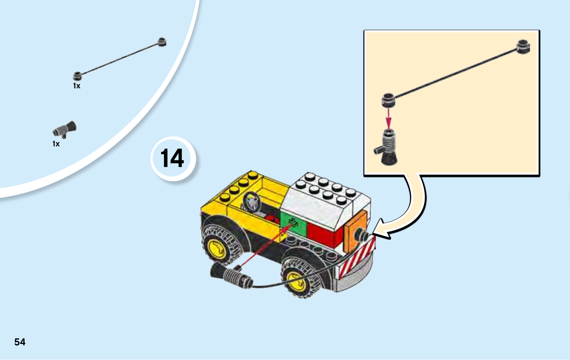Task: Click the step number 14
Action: (172, 158)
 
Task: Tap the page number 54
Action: (20, 342)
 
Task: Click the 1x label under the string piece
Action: (77, 86)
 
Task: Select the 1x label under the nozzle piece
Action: (56, 144)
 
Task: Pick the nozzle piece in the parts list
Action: (64, 129)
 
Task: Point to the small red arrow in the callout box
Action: (388, 119)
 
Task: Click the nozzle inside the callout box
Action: (386, 147)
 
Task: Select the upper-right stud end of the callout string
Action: (523, 47)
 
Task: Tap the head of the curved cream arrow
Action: (381, 229)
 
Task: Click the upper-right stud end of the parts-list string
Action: (162, 42)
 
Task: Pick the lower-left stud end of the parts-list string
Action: (77, 76)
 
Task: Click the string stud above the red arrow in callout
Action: (388, 100)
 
